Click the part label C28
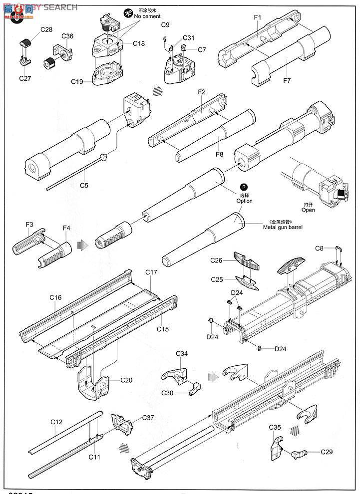(x=46, y=29)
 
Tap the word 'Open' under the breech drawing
(x=308, y=210)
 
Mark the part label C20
(x=127, y=380)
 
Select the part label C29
(x=326, y=452)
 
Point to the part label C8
(x=320, y=248)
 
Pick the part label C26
(x=216, y=260)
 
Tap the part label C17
(x=151, y=272)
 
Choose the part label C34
(x=182, y=353)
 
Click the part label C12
(x=56, y=422)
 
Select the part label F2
(x=202, y=92)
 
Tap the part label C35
(x=276, y=427)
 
